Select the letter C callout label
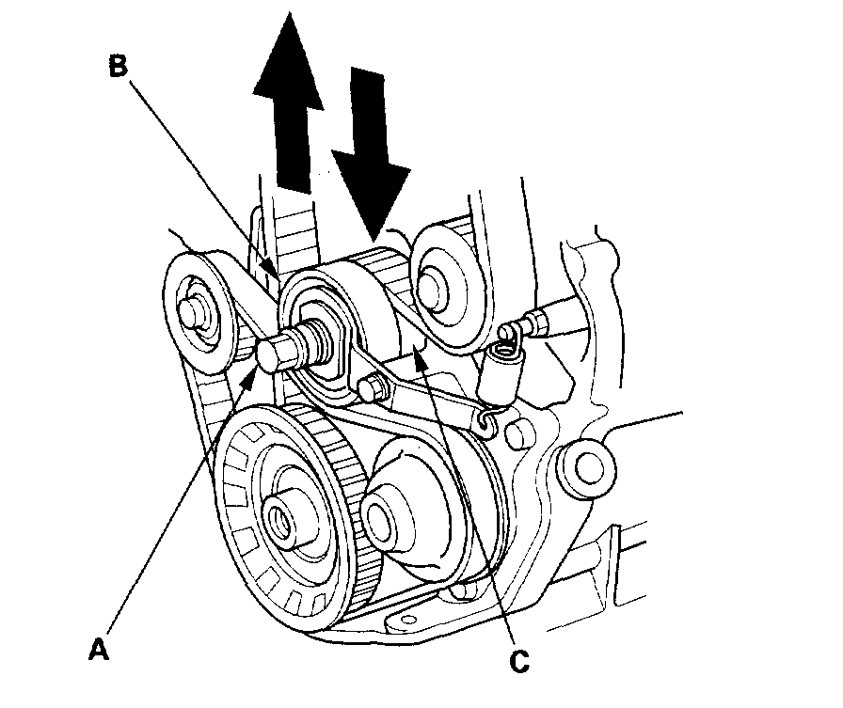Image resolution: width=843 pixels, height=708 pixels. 517,661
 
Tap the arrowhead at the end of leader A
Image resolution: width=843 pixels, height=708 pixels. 252,373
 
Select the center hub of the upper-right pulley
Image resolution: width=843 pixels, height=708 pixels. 436,279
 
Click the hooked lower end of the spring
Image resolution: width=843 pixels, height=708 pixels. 485,422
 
